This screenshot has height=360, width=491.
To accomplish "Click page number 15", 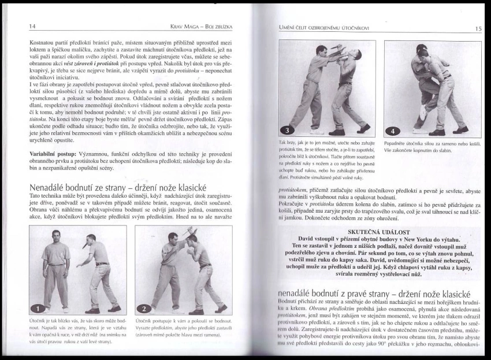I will click(x=479, y=28).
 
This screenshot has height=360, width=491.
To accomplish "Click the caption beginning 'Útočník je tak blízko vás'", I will click(x=77, y=331).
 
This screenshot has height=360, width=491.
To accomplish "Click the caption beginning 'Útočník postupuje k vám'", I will click(x=183, y=327).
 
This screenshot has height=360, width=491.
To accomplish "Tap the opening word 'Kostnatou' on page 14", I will click(x=45, y=43).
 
